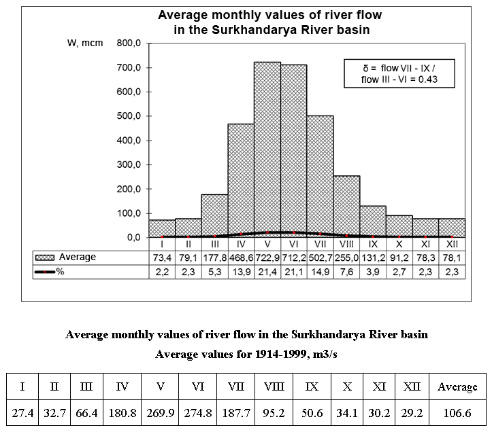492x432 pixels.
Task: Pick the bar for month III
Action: tap(214, 214)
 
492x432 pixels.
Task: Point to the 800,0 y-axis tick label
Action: tap(128, 43)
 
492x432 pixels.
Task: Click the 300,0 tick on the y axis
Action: tap(128, 165)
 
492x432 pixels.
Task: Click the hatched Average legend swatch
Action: tap(46, 257)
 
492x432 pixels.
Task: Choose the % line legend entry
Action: tap(51, 271)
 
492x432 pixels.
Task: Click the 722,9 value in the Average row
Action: tap(267, 257)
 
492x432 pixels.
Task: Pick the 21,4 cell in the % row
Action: tap(267, 271)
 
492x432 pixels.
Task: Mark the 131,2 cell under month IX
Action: tap(373, 257)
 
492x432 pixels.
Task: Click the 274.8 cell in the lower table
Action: tap(198, 412)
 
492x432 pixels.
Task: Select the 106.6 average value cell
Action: tap(457, 412)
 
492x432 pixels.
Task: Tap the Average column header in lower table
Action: tap(457, 387)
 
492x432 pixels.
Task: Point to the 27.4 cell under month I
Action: tap(23, 412)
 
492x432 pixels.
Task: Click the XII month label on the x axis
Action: tap(452, 243)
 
